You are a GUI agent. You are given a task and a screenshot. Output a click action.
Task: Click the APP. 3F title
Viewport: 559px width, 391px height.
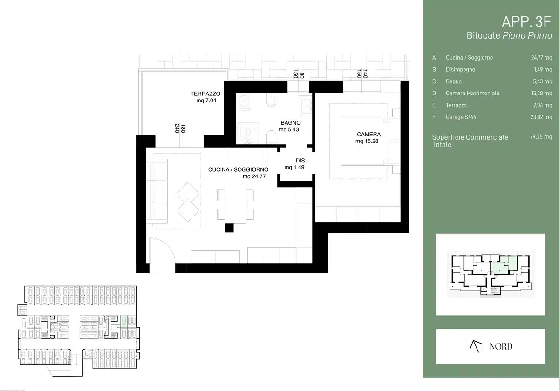tap(526, 22)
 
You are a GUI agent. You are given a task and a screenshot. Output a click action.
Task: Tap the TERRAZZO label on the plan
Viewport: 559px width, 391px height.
tap(205, 94)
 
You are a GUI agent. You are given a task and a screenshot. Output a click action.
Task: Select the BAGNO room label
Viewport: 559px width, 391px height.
tap(291, 123)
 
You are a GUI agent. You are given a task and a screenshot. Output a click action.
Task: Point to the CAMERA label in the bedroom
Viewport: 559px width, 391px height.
tap(368, 135)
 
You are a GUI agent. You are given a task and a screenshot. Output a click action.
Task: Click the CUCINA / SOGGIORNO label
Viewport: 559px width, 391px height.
tap(238, 169)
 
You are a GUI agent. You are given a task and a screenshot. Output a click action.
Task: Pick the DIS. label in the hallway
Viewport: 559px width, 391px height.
tap(301, 161)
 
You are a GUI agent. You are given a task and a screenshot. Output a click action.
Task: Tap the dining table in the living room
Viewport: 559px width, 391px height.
tap(235, 204)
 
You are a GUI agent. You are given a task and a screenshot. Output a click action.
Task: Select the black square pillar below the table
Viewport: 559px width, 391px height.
tap(229, 228)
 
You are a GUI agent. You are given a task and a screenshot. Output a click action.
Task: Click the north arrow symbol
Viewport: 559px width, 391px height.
tap(476, 346)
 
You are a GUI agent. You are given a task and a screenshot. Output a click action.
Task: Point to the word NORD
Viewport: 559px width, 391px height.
tap(501, 346)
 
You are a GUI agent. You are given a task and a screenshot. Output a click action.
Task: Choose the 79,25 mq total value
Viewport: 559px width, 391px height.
tap(541, 137)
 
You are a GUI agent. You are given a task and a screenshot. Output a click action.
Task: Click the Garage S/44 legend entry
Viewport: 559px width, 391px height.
tap(461, 117)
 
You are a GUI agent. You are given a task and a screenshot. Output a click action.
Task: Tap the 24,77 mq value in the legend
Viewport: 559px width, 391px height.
tap(541, 58)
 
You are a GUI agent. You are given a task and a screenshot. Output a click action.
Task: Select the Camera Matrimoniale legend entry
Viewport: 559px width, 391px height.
tap(472, 93)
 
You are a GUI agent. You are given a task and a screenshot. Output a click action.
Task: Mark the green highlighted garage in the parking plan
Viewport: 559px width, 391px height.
tap(123, 321)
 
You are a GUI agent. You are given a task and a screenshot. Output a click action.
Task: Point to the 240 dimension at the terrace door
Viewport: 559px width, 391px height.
tap(177, 128)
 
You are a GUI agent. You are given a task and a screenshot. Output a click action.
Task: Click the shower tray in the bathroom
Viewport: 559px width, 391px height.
tap(248, 133)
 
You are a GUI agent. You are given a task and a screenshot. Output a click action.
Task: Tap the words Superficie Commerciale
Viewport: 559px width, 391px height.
tap(470, 137)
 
